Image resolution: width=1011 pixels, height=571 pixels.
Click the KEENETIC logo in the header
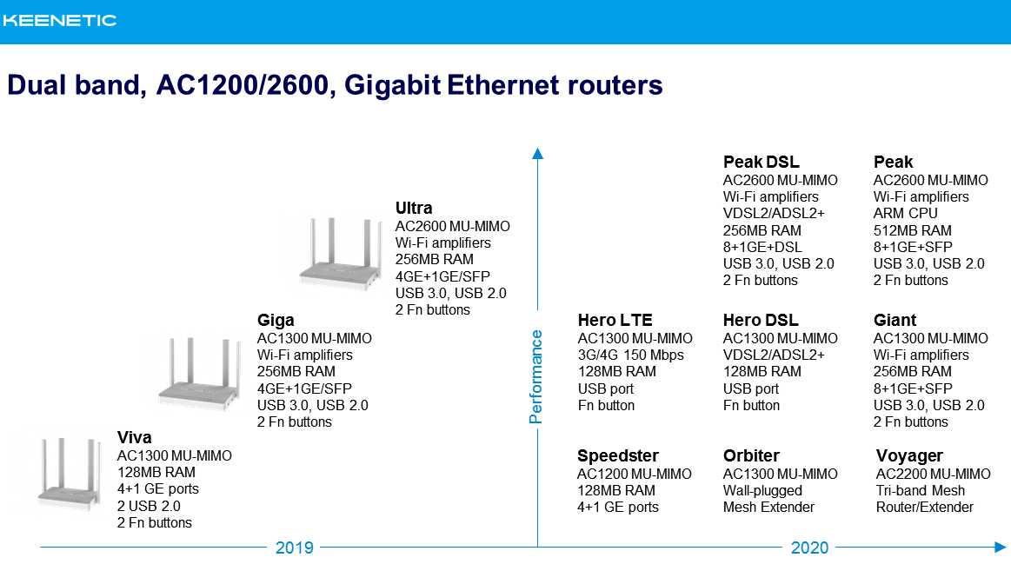59,21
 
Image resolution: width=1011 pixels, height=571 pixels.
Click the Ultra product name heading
414,209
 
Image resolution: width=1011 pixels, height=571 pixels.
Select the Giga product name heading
276,321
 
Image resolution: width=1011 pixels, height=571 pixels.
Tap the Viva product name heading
134,438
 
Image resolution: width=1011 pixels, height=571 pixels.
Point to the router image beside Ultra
339,253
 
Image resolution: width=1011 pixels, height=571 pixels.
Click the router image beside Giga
199,373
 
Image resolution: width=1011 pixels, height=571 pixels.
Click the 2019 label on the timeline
295,548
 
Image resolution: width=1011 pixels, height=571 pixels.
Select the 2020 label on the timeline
810,548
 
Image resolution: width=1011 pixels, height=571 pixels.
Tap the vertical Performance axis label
535,376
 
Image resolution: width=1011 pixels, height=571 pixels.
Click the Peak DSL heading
761,162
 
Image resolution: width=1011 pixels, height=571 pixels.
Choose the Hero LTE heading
615,321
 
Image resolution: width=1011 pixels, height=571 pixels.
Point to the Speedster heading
618,455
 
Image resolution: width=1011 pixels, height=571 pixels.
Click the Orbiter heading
751,455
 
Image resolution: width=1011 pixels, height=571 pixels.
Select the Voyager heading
909,456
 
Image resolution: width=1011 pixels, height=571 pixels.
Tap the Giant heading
895,321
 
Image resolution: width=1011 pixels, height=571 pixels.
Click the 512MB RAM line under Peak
913,230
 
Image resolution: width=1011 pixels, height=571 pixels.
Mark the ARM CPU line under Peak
905,213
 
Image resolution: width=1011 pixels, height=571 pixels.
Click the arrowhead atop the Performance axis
537,153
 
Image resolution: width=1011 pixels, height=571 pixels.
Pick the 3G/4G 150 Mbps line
630,355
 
